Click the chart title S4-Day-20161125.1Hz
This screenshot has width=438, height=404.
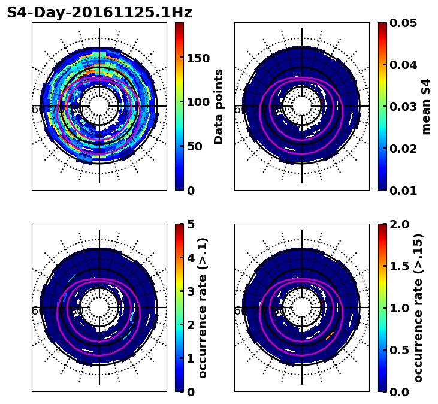click(99, 13)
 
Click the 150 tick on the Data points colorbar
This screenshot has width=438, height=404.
click(198, 58)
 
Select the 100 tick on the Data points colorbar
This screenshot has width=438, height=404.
click(198, 102)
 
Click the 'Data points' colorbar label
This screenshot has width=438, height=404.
click(219, 107)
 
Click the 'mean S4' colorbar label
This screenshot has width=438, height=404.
click(426, 107)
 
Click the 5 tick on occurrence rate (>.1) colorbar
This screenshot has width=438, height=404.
click(191, 225)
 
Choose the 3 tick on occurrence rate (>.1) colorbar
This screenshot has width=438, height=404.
click(191, 291)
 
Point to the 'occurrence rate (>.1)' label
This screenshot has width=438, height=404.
click(203, 308)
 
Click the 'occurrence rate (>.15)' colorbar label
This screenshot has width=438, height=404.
click(418, 308)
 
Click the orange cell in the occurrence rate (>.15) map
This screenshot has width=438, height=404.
click(330, 336)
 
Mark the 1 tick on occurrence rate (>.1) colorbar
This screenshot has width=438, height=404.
click(191, 358)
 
